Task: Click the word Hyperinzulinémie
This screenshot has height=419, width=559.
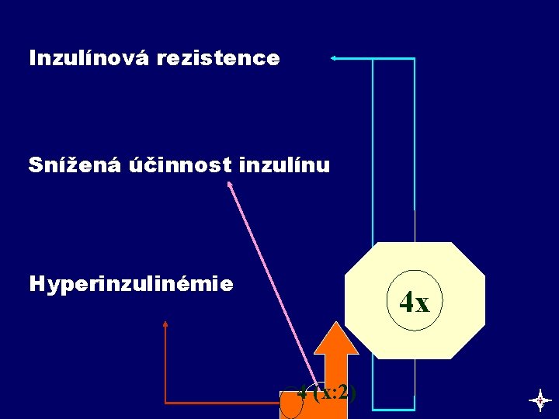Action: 130,284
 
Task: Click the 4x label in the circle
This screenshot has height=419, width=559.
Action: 415,301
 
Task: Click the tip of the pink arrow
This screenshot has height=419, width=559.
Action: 229,183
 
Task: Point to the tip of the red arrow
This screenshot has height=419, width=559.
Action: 165,321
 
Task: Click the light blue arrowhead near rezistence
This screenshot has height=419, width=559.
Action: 332,57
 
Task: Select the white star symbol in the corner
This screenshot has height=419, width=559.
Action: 540,400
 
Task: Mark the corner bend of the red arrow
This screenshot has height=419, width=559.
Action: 165,403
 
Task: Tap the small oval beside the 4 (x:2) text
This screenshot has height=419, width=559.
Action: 291,400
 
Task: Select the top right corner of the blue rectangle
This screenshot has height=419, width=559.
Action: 414,59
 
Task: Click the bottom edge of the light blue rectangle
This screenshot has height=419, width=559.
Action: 394,408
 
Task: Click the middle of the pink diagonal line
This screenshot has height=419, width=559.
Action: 272,283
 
